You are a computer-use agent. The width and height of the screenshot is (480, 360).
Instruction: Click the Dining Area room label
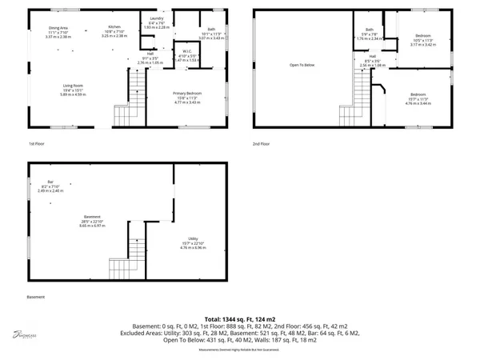click(x=58, y=28)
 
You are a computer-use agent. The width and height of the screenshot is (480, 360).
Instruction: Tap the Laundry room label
click(x=157, y=19)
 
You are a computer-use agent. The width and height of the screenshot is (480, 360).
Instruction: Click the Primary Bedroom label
click(x=186, y=94)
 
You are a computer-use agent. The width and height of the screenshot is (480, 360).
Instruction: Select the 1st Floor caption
click(x=37, y=144)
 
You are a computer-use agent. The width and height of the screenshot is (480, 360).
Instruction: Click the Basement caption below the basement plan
click(x=35, y=297)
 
